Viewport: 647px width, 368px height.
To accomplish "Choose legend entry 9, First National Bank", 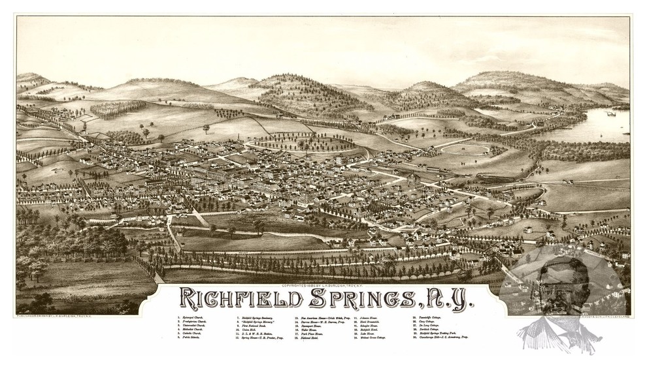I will [x=252, y=327].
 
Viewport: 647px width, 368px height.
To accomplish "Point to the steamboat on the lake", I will [x=611, y=114].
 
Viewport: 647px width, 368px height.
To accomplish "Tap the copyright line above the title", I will [x=320, y=286].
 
